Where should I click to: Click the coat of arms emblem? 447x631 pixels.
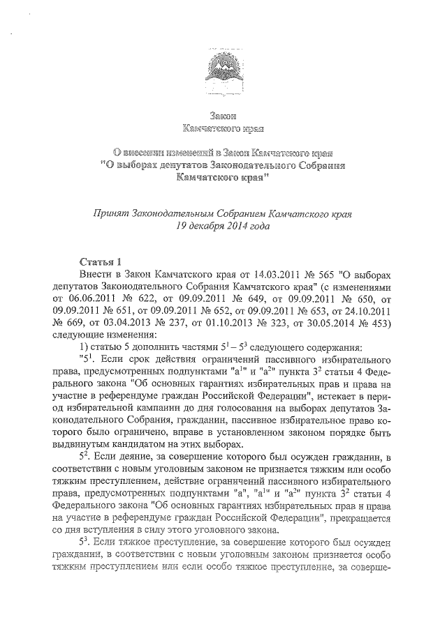pos(223,70)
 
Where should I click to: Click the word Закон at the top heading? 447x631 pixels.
pos(223,115)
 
